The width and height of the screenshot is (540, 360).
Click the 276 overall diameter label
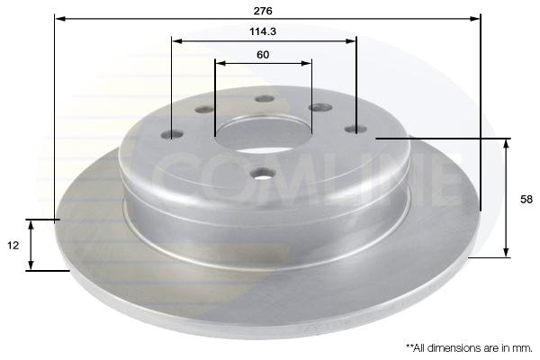[x=263, y=11]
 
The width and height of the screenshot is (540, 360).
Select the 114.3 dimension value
[x=263, y=31]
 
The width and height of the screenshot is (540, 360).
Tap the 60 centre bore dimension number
[x=263, y=55]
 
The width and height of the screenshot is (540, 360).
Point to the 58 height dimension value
[x=526, y=200]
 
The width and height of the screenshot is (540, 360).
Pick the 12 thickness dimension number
[x=13, y=246]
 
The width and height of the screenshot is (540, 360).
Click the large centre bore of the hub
[x=263, y=134]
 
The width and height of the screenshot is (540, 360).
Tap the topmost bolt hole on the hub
[x=265, y=99]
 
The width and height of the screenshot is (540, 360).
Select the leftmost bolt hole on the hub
[x=173, y=134]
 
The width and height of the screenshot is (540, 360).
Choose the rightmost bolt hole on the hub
[x=355, y=130]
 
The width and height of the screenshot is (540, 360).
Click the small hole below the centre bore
[x=263, y=173]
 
